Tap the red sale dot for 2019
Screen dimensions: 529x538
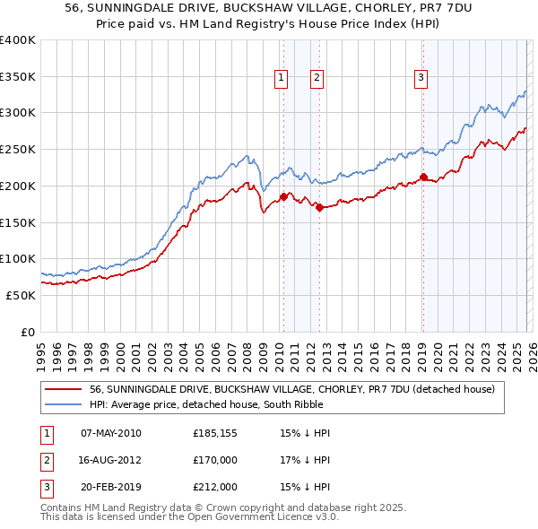[x=423, y=177]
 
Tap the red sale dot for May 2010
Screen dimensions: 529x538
[x=283, y=196]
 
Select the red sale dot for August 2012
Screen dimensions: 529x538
[x=319, y=207]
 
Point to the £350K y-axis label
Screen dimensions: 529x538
[x=17, y=77]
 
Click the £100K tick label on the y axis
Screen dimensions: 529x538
[x=17, y=259]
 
